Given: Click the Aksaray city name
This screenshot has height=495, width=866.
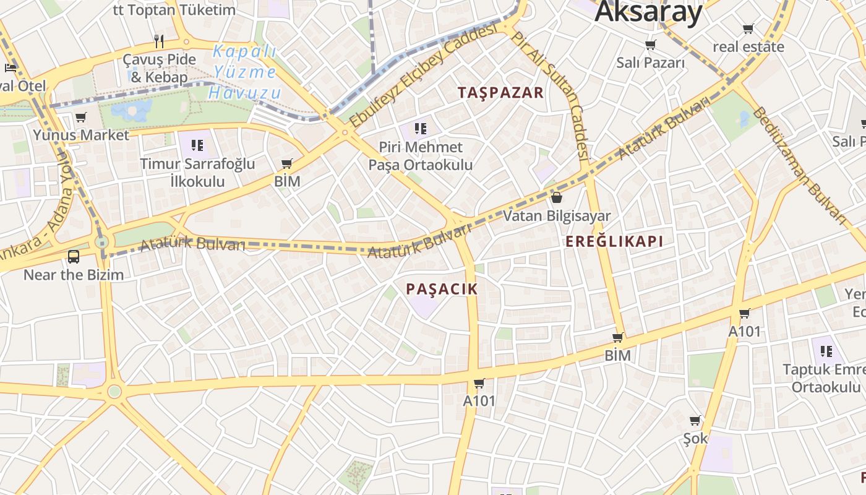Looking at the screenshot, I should [x=649, y=11].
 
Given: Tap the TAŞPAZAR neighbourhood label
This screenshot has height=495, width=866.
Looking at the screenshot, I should [x=500, y=93].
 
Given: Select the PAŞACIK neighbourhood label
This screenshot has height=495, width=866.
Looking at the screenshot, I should [x=442, y=288].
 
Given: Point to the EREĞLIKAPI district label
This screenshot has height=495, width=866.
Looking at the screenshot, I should [x=614, y=241].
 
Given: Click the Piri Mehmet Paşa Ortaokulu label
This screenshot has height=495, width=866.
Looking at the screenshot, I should [x=421, y=156].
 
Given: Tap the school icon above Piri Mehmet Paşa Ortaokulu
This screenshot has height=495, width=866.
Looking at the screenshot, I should [x=421, y=129].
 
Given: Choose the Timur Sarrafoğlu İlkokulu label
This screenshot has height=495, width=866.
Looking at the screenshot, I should [x=197, y=173].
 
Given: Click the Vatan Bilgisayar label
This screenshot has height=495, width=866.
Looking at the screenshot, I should [x=556, y=216].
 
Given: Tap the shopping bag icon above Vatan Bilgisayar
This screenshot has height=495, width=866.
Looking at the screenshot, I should [x=556, y=197].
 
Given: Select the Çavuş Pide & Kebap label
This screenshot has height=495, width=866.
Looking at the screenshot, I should [x=160, y=68].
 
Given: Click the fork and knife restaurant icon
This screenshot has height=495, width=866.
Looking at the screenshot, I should [x=160, y=41].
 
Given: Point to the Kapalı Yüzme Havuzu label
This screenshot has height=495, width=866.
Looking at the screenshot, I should [x=245, y=72].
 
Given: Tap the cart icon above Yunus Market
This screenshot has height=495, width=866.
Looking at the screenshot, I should [x=80, y=117].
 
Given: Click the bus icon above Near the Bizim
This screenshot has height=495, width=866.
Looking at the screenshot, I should [x=74, y=256].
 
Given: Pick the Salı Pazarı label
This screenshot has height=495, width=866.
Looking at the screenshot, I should [x=650, y=62].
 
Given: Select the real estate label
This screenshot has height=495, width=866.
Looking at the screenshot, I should [x=748, y=46].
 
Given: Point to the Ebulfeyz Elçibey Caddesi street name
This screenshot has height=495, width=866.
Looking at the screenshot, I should [x=424, y=75].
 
